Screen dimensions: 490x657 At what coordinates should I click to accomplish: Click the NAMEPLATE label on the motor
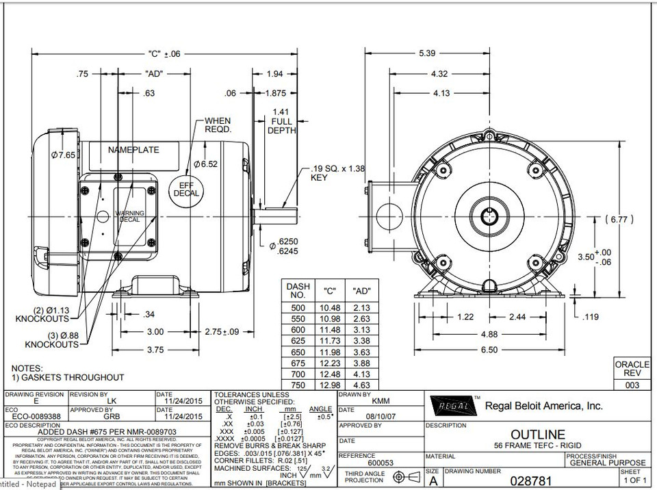[133, 150]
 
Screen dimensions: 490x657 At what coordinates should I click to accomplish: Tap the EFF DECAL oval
[184, 189]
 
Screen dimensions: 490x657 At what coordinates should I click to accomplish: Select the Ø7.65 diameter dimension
[63, 155]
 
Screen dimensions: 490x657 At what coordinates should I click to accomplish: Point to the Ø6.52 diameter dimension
[205, 164]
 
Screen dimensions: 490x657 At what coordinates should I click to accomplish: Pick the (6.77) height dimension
[623, 220]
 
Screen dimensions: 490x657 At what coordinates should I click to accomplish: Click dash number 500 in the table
[298, 308]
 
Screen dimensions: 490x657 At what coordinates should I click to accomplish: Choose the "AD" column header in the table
[361, 290]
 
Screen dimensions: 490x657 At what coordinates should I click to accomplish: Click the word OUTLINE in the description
[538, 435]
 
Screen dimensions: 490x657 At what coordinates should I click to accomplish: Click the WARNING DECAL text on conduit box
[129, 217]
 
